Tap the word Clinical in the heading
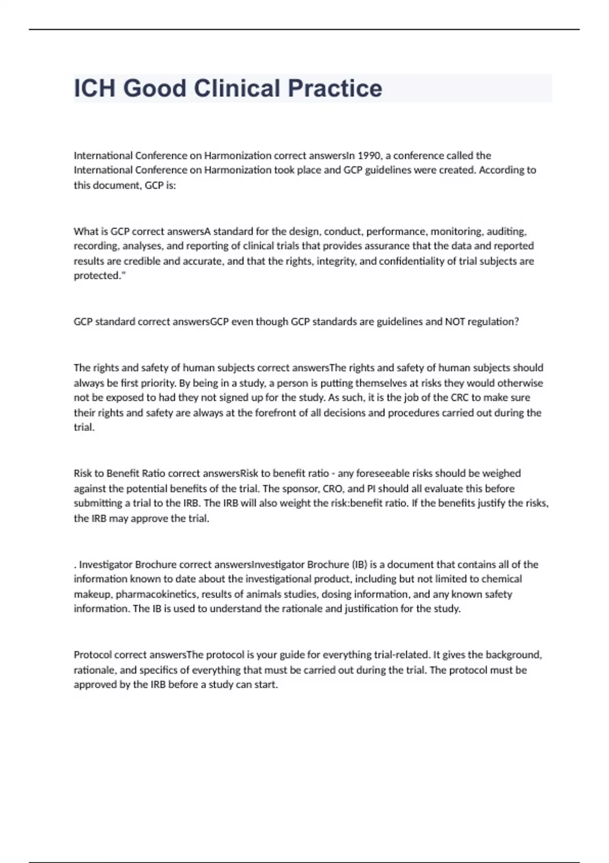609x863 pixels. click(x=237, y=88)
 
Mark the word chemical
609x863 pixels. click(x=501, y=579)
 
